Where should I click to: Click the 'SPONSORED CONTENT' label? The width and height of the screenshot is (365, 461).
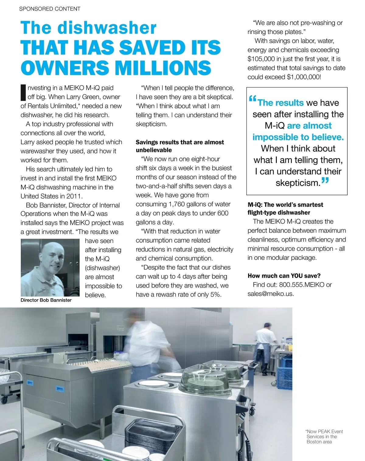pyautogui.click(x=50, y=9)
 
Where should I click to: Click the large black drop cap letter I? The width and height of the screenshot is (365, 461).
pyautogui.click(x=23, y=92)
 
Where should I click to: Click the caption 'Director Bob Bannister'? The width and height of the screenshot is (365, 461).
pyautogui.click(x=46, y=300)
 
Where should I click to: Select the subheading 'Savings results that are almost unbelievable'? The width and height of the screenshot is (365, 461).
pyautogui.click(x=179, y=146)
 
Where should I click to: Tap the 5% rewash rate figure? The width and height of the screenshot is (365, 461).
pyautogui.click(x=215, y=295)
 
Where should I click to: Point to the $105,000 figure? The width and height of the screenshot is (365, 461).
pyautogui.click(x=261, y=59)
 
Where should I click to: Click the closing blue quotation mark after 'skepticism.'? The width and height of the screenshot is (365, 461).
pyautogui.click(x=325, y=181)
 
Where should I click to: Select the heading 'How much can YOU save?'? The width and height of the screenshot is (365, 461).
pyautogui.click(x=284, y=276)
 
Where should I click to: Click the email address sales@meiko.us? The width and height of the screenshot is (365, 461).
pyautogui.click(x=270, y=294)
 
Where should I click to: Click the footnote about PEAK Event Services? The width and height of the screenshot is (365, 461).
pyautogui.click(x=325, y=436)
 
